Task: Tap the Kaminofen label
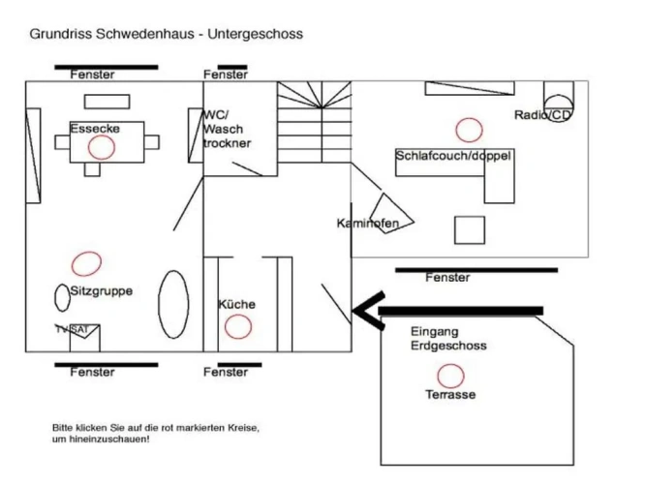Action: pyautogui.click(x=367, y=224)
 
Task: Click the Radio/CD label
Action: pyautogui.click(x=543, y=115)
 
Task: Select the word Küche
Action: pyautogui.click(x=236, y=304)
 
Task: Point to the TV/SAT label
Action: pyautogui.click(x=72, y=329)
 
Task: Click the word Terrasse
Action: pyautogui.click(x=450, y=395)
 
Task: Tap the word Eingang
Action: pyautogui.click(x=435, y=332)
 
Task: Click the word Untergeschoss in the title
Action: pyautogui.click(x=255, y=34)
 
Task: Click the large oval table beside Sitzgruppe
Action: pyautogui.click(x=159, y=305)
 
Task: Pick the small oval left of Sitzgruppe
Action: pyautogui.click(x=55, y=297)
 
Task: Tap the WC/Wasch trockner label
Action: pyautogui.click(x=227, y=129)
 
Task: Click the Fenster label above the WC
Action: pyautogui.click(x=226, y=75)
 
